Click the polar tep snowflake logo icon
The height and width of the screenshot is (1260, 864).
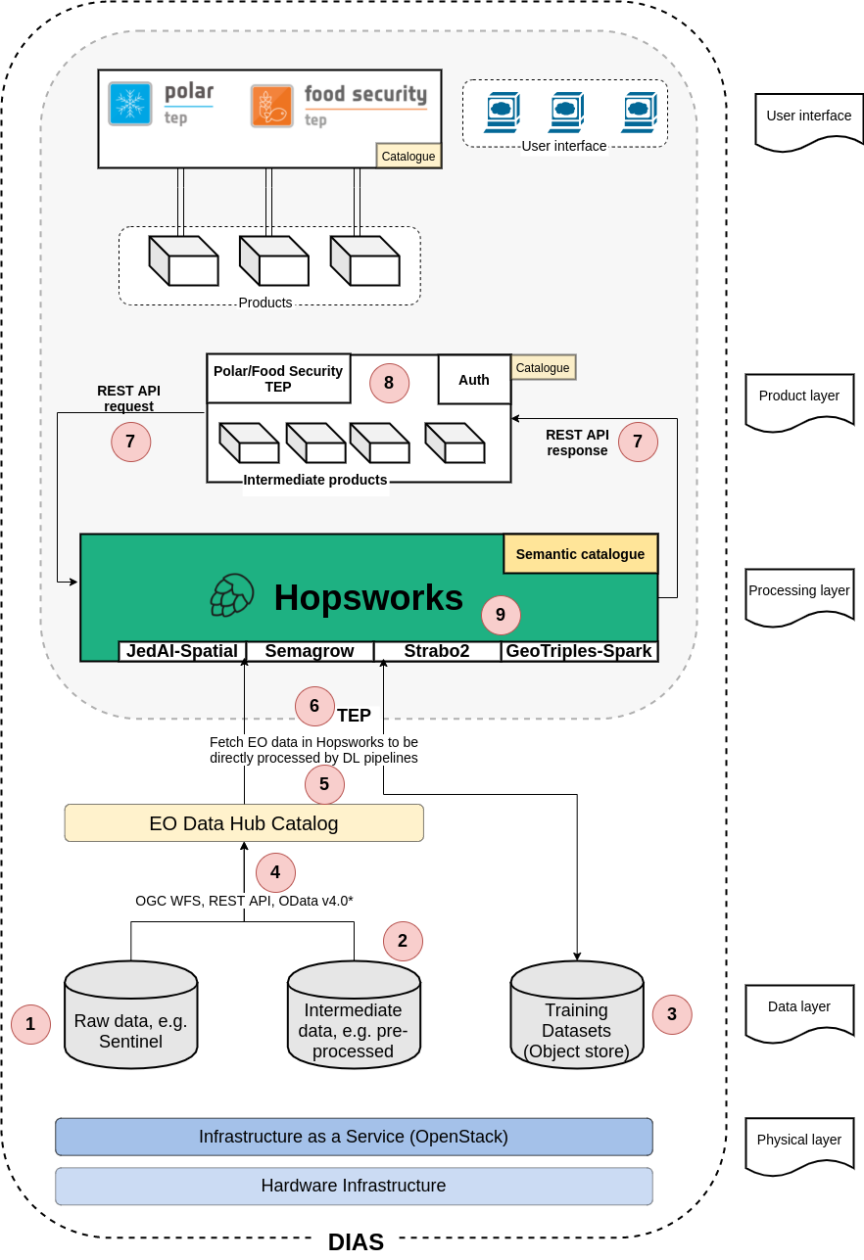pos(130,104)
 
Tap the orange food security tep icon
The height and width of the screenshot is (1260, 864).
pos(271,106)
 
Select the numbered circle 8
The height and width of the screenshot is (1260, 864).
pos(389,383)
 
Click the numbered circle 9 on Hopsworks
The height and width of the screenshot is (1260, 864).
pos(501,615)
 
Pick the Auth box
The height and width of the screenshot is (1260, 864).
pos(474,380)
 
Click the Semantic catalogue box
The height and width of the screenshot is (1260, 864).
pos(580,554)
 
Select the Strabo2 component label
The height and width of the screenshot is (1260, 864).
pos(437,651)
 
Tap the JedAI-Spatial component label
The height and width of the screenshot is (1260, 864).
pos(182,651)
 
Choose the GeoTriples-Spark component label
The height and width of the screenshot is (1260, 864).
pos(579,651)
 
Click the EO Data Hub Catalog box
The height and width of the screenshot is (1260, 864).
pos(244,823)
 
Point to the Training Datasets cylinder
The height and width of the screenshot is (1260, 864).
pos(577,1017)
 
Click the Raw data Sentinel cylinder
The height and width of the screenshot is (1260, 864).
pos(131,1017)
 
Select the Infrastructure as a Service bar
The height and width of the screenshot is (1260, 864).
pos(354,1137)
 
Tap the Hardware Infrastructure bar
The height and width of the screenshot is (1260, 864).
pos(354,1186)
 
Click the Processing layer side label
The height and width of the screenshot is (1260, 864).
pos(799,592)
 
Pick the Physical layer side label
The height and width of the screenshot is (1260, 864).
pos(799,1142)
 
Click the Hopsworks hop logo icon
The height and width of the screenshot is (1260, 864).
pos(232,595)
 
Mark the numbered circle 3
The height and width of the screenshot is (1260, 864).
pos(672,1014)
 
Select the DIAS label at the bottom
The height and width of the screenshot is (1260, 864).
pos(356,1241)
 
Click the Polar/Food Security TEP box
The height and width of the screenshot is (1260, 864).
pos(278,379)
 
